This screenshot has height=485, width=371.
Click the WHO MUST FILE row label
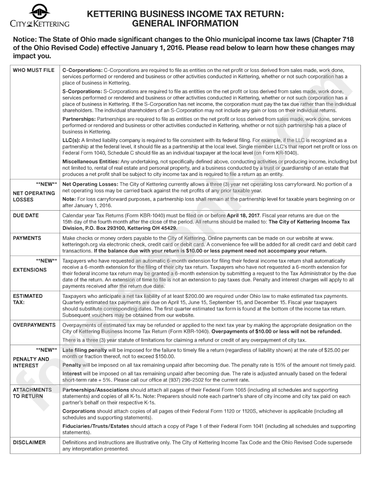(x=34, y=70)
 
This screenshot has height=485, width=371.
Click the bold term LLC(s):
(x=71, y=140)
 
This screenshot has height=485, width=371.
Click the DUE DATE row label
(x=26, y=215)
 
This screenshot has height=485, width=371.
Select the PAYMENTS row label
(x=27, y=238)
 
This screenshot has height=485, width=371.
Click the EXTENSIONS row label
(x=30, y=270)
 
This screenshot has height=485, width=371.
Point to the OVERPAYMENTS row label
(x=34, y=325)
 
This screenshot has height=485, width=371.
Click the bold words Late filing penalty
(x=84, y=350)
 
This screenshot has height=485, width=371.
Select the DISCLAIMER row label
(x=29, y=442)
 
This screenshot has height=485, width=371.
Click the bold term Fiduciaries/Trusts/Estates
(x=96, y=426)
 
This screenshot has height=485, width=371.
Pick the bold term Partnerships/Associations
(x=96, y=390)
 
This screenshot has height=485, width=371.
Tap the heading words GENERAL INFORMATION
(x=185, y=23)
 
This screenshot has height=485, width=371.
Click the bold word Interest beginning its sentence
(x=72, y=374)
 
